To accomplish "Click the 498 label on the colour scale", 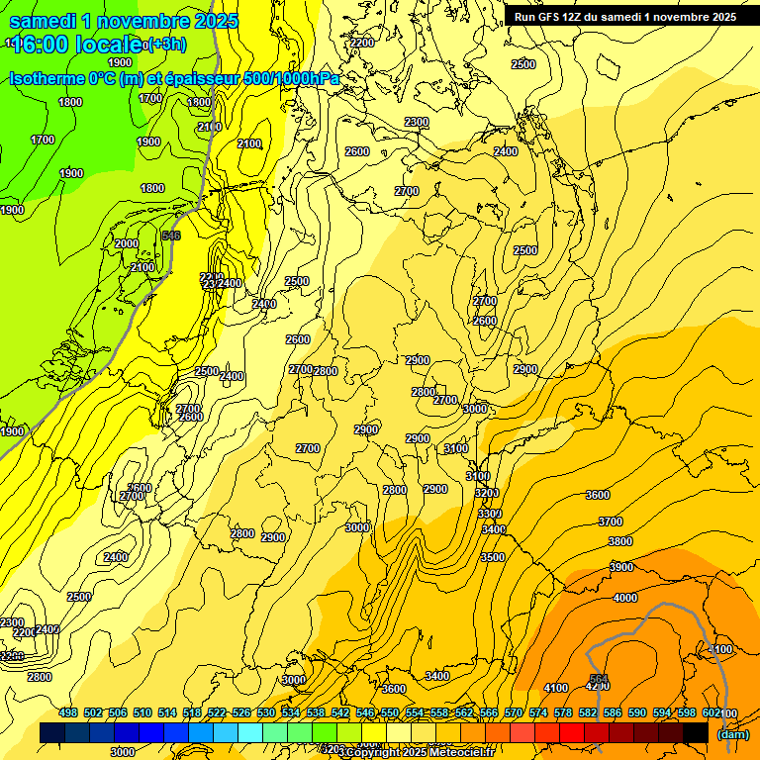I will point(68,712).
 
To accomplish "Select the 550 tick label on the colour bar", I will point(390,712).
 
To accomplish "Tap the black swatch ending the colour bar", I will point(696,732).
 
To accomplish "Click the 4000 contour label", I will point(625,598).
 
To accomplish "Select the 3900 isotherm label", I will point(621,567).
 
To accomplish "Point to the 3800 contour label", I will point(620,541).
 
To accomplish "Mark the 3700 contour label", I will point(611,522).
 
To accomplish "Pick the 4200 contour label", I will point(597,686).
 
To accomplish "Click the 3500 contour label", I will point(493,557).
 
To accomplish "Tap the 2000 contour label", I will point(127,243).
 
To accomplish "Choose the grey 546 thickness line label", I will point(171,236).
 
